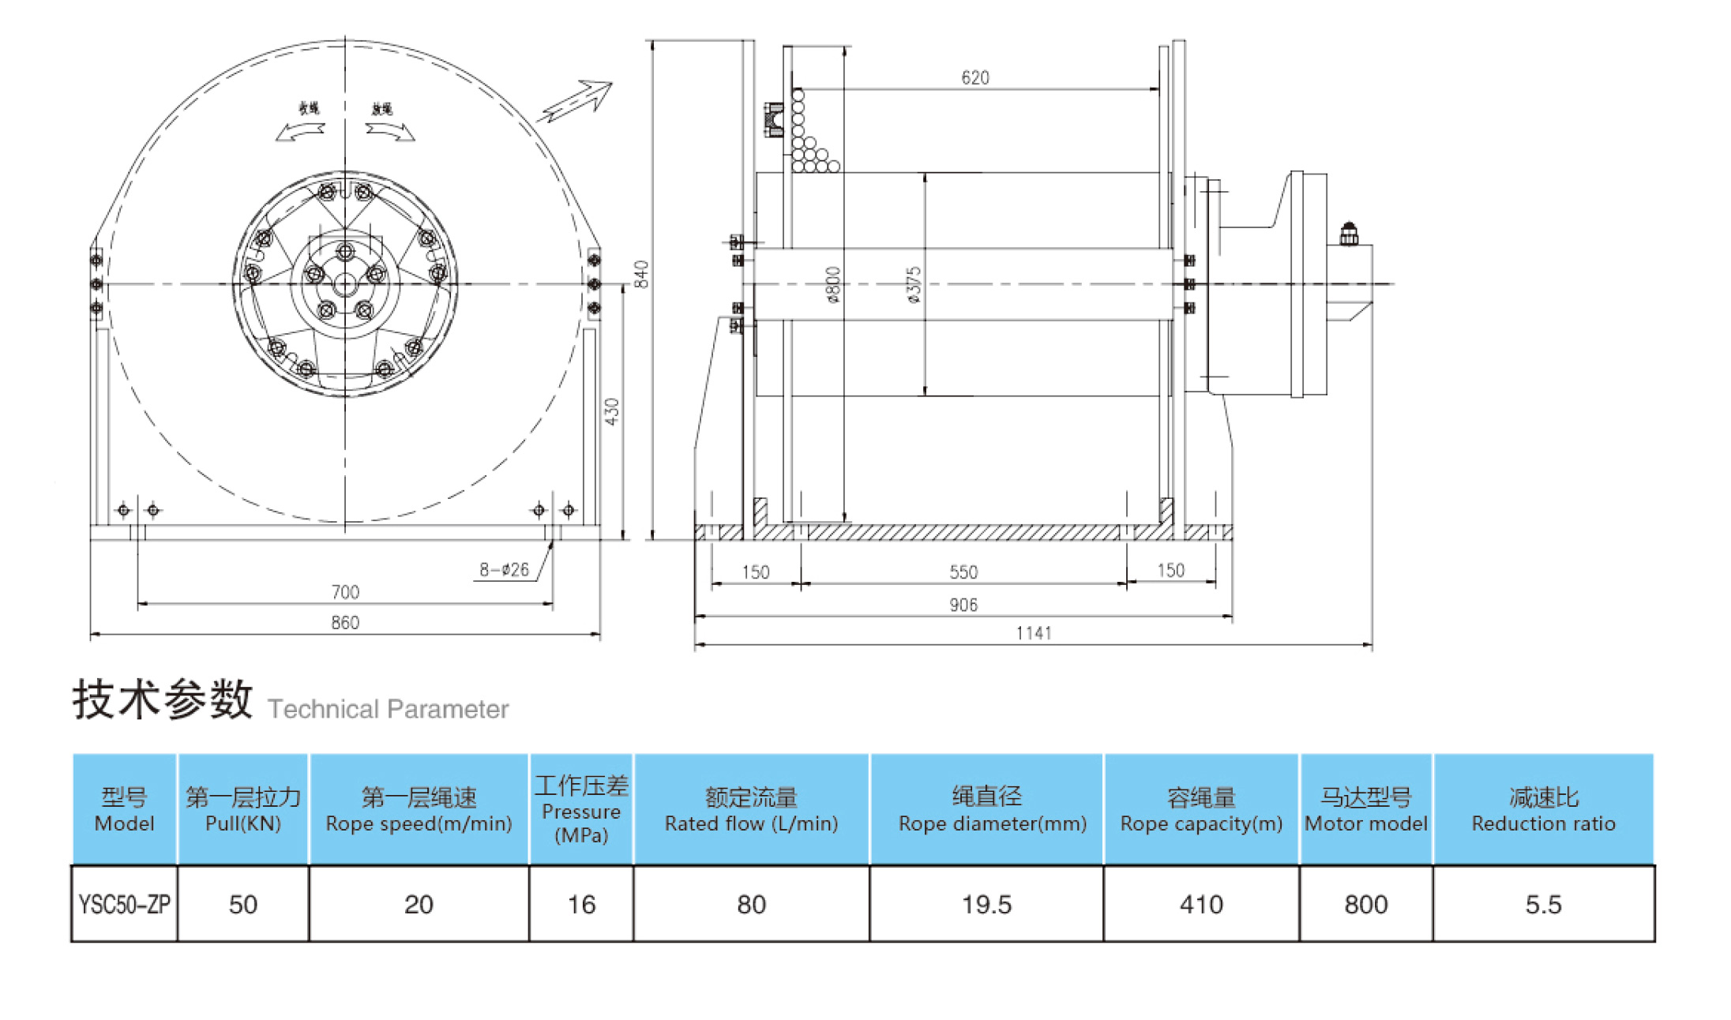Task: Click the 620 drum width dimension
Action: click(974, 77)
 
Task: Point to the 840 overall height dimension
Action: click(641, 274)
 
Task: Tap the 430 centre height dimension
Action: click(612, 411)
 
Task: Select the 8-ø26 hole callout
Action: click(504, 569)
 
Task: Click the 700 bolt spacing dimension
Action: click(345, 591)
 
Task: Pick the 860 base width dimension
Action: click(345, 622)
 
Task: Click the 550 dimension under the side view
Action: click(963, 572)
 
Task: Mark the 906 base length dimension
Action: click(963, 605)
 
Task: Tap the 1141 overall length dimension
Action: click(1034, 633)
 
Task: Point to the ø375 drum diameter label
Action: click(914, 285)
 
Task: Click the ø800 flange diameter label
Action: click(833, 285)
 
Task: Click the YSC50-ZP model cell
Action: click(124, 904)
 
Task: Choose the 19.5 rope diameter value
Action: click(986, 904)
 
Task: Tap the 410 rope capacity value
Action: click(1201, 904)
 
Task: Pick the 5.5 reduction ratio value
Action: click(1543, 904)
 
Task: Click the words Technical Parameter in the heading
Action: click(388, 709)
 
